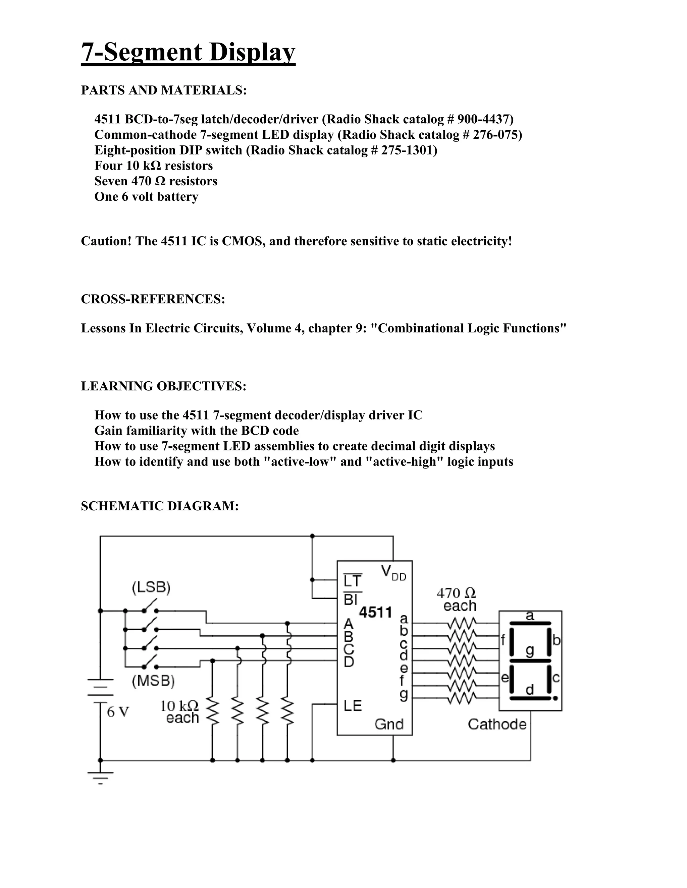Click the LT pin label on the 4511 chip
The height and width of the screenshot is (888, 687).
353,581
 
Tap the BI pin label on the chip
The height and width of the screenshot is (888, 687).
351,599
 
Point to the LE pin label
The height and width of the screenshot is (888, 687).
353,706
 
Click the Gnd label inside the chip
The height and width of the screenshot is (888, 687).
389,724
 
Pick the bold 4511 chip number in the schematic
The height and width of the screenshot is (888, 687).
375,612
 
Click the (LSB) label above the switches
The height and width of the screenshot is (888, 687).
151,587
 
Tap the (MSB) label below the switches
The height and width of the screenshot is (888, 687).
153,681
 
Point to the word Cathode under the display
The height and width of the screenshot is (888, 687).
497,724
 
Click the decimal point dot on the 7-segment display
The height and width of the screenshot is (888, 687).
556,698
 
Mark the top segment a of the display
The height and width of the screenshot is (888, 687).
530,623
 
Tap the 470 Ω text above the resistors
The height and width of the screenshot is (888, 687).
456,593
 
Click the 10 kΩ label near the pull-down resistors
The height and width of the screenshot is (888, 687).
179,706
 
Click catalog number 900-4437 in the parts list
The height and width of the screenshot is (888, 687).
485,119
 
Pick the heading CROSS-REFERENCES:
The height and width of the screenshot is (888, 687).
153,299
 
